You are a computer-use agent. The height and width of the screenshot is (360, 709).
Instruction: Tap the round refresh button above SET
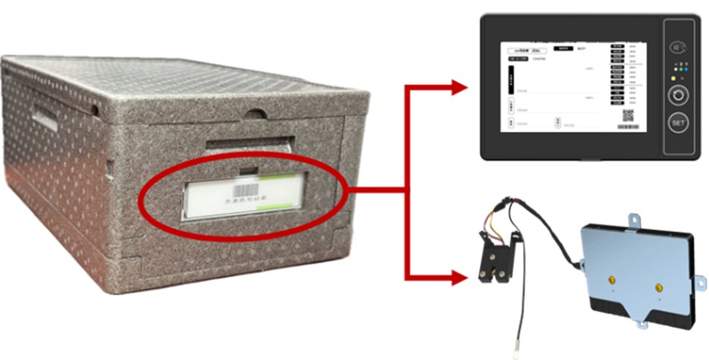pos(677,95)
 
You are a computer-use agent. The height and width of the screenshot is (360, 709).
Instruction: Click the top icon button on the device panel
pos(677,47)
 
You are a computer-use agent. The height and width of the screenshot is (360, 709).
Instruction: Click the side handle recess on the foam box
pos(45,115)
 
